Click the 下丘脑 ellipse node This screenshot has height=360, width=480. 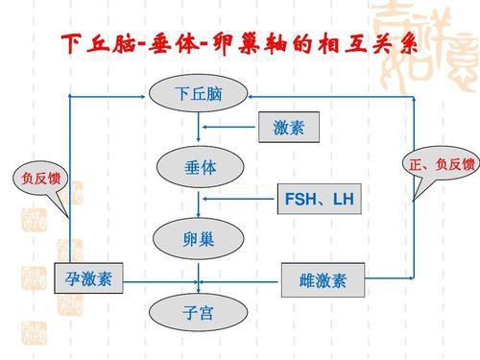[199, 94]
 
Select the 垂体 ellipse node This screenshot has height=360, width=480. [199, 167]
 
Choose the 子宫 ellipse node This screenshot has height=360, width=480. [199, 314]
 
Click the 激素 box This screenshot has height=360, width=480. [288, 127]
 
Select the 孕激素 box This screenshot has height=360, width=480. [89, 279]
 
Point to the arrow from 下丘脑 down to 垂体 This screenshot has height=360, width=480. [199, 129]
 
